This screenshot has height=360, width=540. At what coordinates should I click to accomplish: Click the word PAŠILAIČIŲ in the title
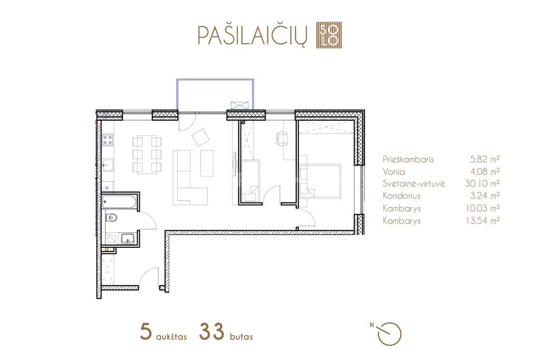(x=252, y=35)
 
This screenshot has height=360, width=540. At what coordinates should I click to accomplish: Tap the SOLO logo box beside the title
(x=329, y=35)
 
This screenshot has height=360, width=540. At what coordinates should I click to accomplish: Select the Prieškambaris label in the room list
(x=408, y=159)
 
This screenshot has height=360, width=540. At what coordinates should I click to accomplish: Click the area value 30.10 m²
(x=482, y=183)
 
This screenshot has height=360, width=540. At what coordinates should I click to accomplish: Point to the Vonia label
(x=393, y=171)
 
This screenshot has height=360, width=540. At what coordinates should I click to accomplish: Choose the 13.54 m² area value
(x=483, y=221)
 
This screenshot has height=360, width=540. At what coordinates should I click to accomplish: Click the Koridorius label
(x=401, y=196)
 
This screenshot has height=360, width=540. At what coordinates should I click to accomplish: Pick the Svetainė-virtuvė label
(x=413, y=183)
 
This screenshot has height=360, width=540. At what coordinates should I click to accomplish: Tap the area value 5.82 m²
(x=485, y=159)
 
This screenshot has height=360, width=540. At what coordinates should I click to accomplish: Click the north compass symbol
(x=389, y=334)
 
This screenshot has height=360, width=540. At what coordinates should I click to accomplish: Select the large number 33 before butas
(x=211, y=332)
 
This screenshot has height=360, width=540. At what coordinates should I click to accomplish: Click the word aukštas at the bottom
(x=171, y=336)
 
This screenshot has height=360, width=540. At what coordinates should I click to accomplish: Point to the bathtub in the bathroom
(x=119, y=202)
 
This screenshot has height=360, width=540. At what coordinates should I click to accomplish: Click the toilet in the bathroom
(x=111, y=218)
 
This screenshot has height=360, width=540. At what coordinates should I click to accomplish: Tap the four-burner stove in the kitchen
(x=108, y=140)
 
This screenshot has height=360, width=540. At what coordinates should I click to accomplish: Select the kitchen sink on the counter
(x=108, y=166)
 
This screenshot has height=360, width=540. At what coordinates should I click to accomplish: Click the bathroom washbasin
(x=128, y=239)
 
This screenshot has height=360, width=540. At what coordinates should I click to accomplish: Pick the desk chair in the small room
(x=282, y=138)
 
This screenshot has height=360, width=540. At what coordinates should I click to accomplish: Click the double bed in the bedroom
(x=320, y=181)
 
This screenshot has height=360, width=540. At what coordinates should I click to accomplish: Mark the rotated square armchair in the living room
(x=201, y=138)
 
